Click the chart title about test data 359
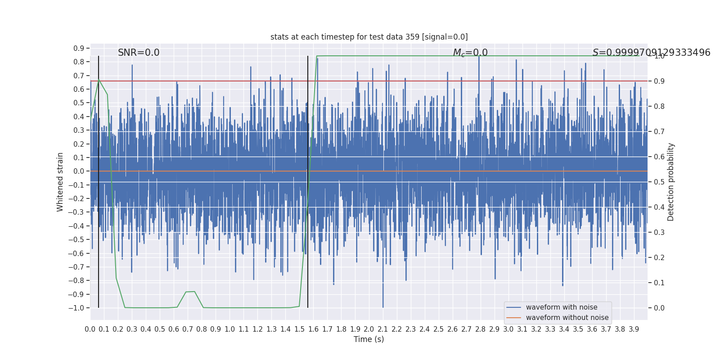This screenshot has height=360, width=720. point(369,37)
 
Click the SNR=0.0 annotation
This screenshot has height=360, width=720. point(139,53)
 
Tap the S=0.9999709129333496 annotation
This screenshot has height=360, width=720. point(651,53)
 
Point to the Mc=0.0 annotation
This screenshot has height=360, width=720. point(470,53)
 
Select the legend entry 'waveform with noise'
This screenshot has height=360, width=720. point(562,307)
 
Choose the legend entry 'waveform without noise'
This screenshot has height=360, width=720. point(567,318)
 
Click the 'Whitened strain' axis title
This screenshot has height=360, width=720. point(60,182)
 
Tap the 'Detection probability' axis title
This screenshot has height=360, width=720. point(671,182)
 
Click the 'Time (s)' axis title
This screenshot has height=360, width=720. point(369,339)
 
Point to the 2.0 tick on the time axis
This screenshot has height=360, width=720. point(369,329)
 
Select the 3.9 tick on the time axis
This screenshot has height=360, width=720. point(634,329)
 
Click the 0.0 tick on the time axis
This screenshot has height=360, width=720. point(90,329)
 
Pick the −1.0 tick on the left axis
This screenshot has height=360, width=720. point(76,308)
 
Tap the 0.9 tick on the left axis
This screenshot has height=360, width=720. point(79,48)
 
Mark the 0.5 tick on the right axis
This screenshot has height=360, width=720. point(659,182)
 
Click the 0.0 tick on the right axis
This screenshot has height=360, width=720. point(659,308)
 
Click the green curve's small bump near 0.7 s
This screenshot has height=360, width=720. point(190,292)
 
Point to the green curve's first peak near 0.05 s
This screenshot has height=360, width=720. point(99,80)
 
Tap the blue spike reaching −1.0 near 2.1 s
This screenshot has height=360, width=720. point(383,306)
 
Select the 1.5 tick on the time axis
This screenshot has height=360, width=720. point(299,329)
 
